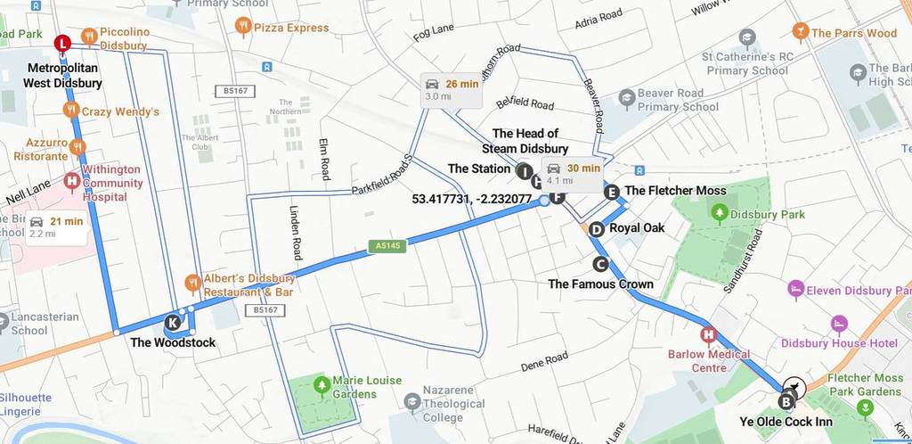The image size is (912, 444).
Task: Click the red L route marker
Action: tap(61, 43)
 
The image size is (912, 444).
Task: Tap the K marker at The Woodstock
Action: tap(173, 323)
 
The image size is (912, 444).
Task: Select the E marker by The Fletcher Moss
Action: tap(611, 192)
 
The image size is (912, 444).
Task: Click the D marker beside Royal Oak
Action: tap(596, 229)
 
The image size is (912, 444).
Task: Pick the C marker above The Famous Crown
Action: tap(599, 264)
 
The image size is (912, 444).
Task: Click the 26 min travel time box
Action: tap(452, 89)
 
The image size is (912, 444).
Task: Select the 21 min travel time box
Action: tap(56, 227)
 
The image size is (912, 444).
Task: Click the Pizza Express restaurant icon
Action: tap(242, 28)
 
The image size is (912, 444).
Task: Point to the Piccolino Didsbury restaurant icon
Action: tap(88, 37)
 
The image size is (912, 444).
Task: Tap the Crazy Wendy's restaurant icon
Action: tap(71, 111)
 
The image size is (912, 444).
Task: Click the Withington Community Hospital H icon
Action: tap(72, 183)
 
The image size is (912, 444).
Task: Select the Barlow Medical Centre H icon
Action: tap(709, 336)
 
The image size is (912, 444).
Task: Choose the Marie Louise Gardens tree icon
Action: tap(321, 384)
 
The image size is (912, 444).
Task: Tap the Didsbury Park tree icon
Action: tap(720, 214)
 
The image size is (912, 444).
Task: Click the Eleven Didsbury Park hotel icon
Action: tap(795, 290)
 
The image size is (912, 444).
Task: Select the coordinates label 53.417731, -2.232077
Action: tap(472, 199)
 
